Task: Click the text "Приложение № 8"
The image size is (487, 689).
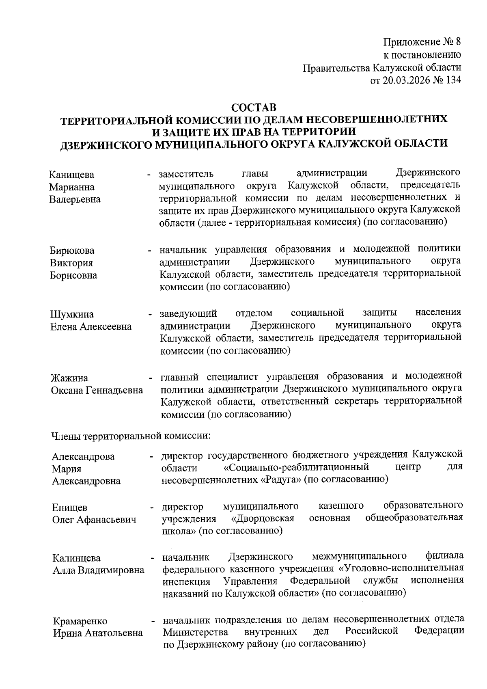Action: click(422, 42)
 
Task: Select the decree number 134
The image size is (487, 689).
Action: click(453, 80)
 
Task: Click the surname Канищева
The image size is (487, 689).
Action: click(71, 175)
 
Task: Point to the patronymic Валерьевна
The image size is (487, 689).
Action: click(75, 200)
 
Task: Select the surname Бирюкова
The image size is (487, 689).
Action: click(72, 251)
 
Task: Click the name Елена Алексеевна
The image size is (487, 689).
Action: click(91, 327)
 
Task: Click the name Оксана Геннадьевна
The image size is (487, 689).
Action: click(97, 391)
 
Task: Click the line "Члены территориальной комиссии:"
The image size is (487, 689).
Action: click(130, 436)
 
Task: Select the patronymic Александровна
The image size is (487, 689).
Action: click(86, 481)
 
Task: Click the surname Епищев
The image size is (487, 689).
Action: click(69, 508)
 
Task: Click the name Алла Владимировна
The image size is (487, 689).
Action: click(99, 570)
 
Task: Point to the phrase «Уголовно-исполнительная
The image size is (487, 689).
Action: click(401, 568)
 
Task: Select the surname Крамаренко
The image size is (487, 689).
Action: click(80, 621)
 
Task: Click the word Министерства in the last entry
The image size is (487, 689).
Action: click(195, 632)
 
